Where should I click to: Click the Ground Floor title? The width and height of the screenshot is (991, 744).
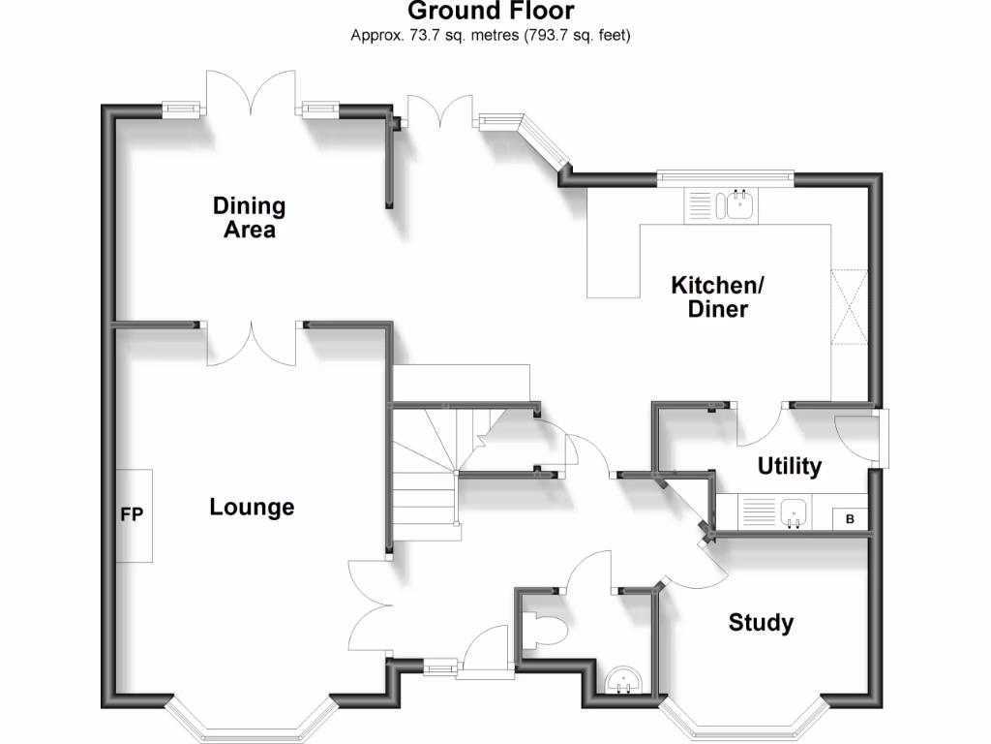coord(491,12)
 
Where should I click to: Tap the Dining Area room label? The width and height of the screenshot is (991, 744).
coord(249,218)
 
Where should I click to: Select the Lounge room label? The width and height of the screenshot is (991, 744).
coord(252,507)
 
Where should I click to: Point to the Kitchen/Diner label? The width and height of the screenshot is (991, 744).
coord(718,297)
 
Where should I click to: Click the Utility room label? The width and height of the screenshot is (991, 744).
coord(789,466)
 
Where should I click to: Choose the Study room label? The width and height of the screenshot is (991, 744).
coord(761,622)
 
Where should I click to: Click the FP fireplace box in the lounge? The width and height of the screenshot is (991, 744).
coord(135,515)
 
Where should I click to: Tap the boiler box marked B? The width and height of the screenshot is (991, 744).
coord(851,519)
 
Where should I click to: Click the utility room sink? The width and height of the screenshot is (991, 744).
coord(794,511)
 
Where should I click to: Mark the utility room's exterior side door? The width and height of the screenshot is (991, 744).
coord(857,438)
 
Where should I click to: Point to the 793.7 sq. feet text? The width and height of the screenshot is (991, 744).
coord(577,36)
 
